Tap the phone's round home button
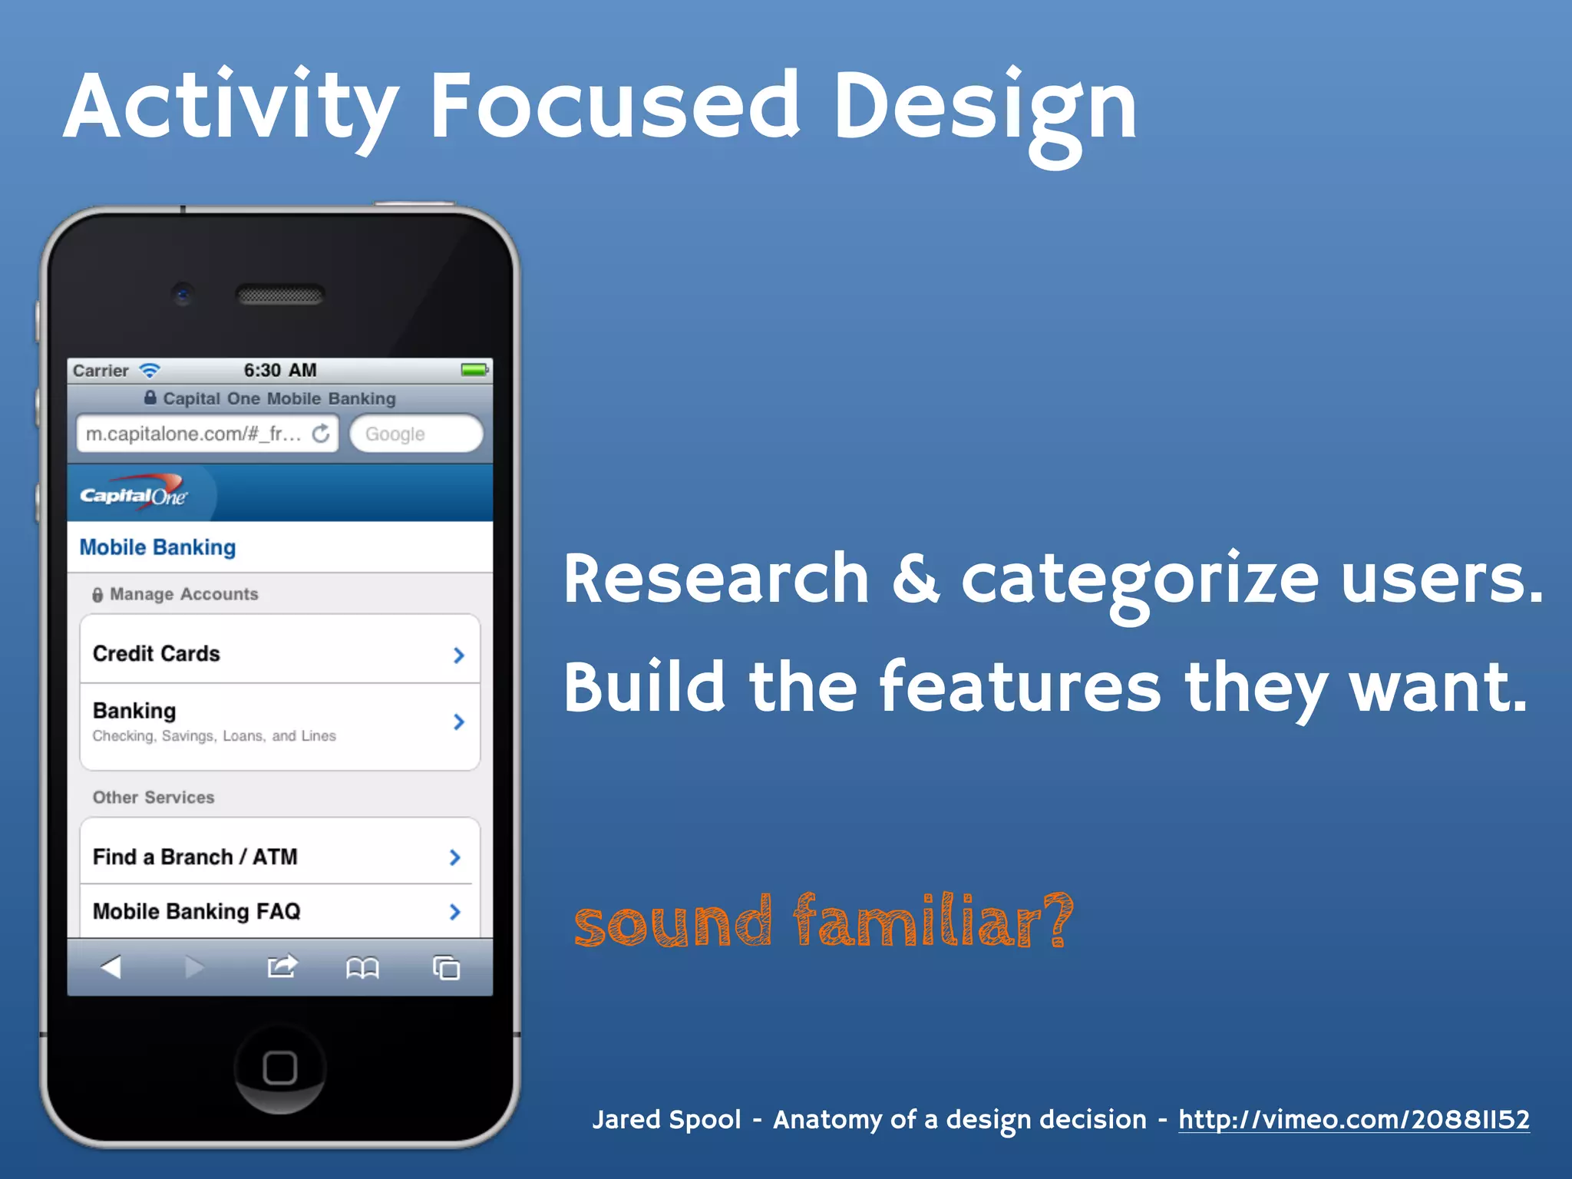pyautogui.click(x=279, y=1068)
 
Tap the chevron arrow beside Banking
pyautogui.click(x=458, y=722)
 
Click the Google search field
pyautogui.click(x=415, y=434)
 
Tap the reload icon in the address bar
pyautogui.click(x=321, y=434)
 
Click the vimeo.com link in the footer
pyautogui.click(x=1353, y=1120)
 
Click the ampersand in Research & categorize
pyautogui.click(x=915, y=580)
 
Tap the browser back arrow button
pyautogui.click(x=112, y=966)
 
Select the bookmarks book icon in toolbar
pyautogui.click(x=362, y=968)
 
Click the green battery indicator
pyautogui.click(x=474, y=370)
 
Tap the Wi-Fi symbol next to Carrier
pyautogui.click(x=150, y=371)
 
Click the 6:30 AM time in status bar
pyautogui.click(x=279, y=370)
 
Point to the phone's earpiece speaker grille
pyautogui.click(x=279, y=295)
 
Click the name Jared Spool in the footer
pyautogui.click(x=666, y=1120)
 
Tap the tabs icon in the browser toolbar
pyautogui.click(x=446, y=967)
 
